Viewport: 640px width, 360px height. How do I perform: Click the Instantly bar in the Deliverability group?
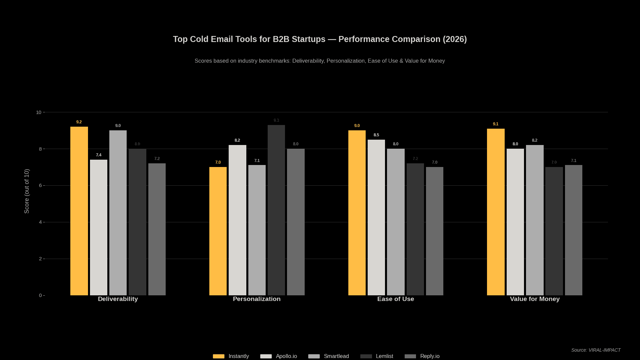[x=79, y=211]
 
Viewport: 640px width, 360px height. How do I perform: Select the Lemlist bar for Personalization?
[x=276, y=210]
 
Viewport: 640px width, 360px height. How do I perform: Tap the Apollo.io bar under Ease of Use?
[x=376, y=217]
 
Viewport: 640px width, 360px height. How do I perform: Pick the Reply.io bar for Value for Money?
[x=574, y=230]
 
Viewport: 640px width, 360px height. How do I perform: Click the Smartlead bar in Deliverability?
[x=118, y=213]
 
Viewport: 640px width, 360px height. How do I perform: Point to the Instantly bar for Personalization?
[x=218, y=231]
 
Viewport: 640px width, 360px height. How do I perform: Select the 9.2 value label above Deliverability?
[x=79, y=122]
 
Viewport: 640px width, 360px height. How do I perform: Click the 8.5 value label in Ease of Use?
[x=376, y=135]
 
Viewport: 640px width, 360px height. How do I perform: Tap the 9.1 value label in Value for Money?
[x=496, y=124]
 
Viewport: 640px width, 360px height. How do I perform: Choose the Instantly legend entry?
[x=231, y=356]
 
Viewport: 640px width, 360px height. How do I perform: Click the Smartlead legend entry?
[x=329, y=356]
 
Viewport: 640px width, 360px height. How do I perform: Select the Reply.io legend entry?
[x=422, y=356]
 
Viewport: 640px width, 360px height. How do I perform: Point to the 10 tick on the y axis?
[x=39, y=112]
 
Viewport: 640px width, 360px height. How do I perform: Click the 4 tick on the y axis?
[x=40, y=222]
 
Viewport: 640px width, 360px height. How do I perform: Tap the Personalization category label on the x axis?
[x=257, y=299]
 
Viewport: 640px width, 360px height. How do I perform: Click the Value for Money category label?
[x=535, y=299]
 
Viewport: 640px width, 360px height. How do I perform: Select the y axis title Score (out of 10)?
[x=27, y=191]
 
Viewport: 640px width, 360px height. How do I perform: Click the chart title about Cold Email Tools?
[x=320, y=39]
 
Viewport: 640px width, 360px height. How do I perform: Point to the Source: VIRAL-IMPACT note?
[x=596, y=350]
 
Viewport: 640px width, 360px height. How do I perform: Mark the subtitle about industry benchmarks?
[x=320, y=61]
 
